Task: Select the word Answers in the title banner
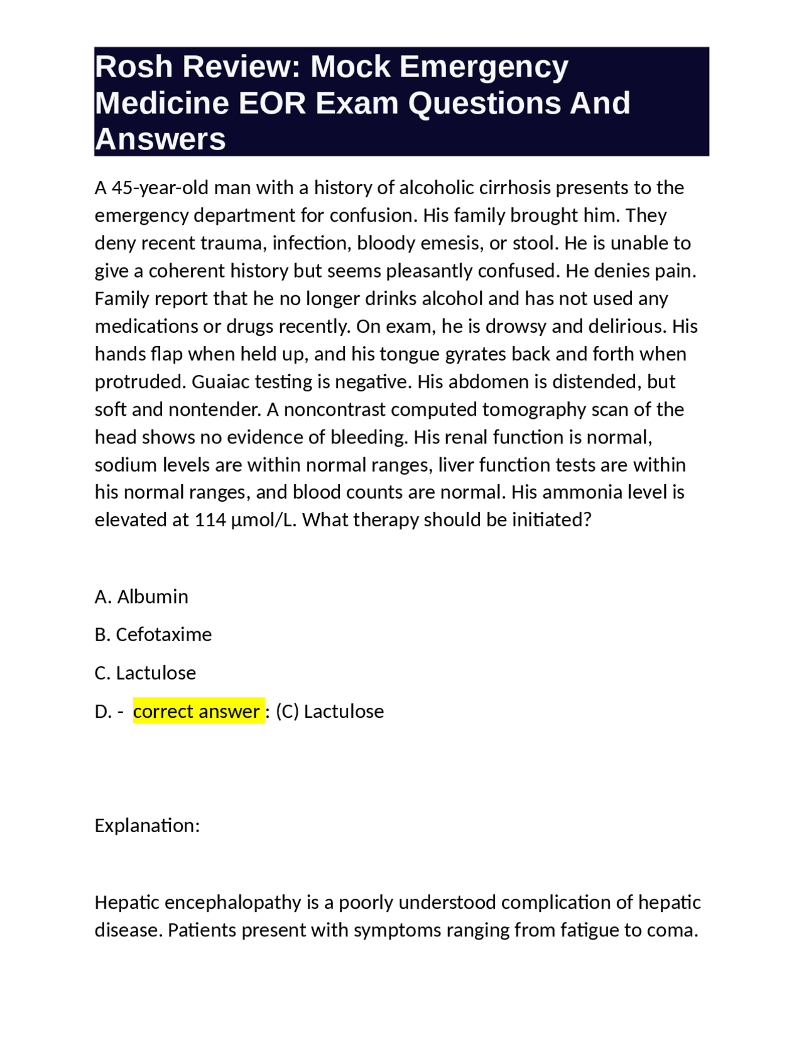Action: click(x=160, y=139)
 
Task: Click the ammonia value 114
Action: click(x=210, y=520)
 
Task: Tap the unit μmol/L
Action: click(x=264, y=520)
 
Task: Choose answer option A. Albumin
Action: click(x=141, y=597)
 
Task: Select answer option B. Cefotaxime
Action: click(x=153, y=635)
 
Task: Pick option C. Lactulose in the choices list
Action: click(x=145, y=673)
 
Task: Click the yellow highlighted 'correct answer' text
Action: click(x=197, y=712)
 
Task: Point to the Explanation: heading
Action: click(x=147, y=825)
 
